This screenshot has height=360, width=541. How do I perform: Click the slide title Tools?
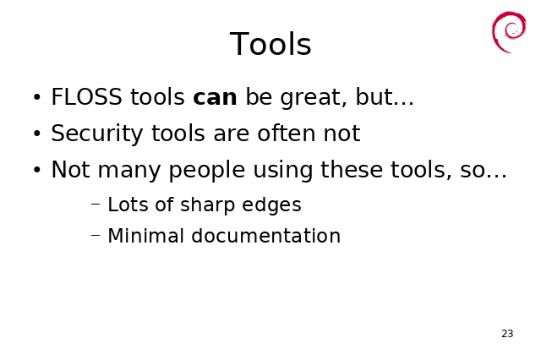[x=270, y=44]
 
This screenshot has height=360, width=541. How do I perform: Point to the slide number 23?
[x=507, y=334]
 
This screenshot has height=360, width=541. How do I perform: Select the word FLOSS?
[x=86, y=97]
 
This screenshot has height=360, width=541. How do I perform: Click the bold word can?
[x=215, y=97]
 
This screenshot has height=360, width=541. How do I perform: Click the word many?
[x=129, y=171]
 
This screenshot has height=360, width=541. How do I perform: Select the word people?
[x=207, y=171]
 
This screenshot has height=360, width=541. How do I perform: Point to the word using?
[x=283, y=171]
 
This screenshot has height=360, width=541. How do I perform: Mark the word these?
[x=352, y=169]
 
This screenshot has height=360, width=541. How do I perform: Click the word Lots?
[x=128, y=205]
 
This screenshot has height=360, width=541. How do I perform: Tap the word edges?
[x=271, y=205]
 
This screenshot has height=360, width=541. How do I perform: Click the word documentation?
[x=265, y=236]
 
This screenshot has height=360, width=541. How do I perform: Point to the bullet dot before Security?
[x=37, y=134]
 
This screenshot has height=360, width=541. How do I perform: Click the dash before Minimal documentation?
[x=96, y=235]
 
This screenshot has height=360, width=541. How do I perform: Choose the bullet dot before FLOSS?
[x=37, y=97]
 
